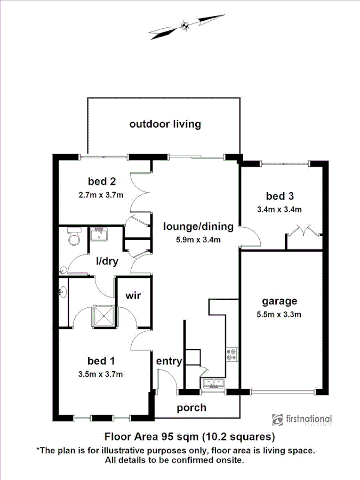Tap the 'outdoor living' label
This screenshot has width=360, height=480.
click(165, 124)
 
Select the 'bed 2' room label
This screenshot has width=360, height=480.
click(101, 180)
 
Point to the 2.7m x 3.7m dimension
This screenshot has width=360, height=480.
click(101, 195)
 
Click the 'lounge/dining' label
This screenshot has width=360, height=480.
click(198, 227)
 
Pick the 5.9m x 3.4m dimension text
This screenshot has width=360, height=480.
click(198, 239)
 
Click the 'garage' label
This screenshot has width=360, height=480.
click(279, 301)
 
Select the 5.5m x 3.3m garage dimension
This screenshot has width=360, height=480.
click(279, 314)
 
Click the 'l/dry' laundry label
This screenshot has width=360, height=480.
click(107, 261)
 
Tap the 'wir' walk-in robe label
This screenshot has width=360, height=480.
click(133, 295)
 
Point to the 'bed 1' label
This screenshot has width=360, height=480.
click(101, 361)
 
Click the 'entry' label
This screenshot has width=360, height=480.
click(169, 361)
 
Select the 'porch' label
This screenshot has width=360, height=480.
click(191, 408)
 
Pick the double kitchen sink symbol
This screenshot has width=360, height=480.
click(214, 382)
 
